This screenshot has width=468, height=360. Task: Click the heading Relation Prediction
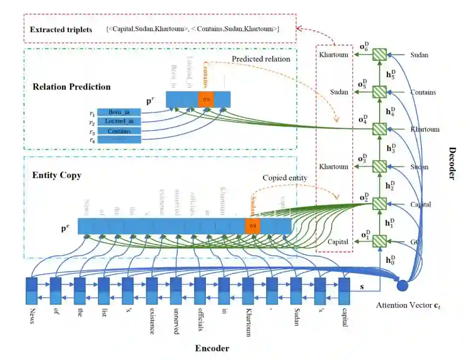pos(71,87)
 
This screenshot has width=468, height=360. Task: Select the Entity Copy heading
pos(57,176)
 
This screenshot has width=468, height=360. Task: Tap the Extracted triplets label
pos(61,30)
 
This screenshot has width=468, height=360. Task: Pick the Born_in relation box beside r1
pos(119,112)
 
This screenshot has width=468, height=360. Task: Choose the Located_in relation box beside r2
pos(119,121)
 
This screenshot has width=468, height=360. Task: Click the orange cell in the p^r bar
pos(206,100)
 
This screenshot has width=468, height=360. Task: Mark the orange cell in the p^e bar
pos(252,226)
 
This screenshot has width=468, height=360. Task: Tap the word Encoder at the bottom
pos(212,348)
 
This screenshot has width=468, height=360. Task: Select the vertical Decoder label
pos(452,163)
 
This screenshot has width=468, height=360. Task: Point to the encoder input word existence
pos(152,321)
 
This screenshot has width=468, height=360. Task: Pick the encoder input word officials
pos(200,320)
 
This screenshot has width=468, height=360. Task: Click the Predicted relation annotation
pos(261,59)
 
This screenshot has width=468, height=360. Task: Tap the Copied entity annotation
pos(285,178)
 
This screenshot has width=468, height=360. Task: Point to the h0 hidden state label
pos(390,260)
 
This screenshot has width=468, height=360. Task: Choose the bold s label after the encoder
pos(362,287)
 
